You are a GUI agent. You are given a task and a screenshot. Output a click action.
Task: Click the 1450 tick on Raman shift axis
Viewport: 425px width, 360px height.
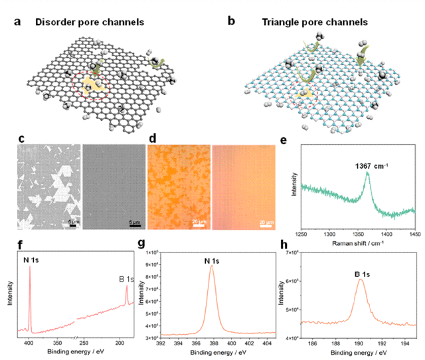(x=414, y=234)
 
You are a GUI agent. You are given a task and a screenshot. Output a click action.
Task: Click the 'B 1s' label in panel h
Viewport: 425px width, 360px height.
(x=360, y=271)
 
